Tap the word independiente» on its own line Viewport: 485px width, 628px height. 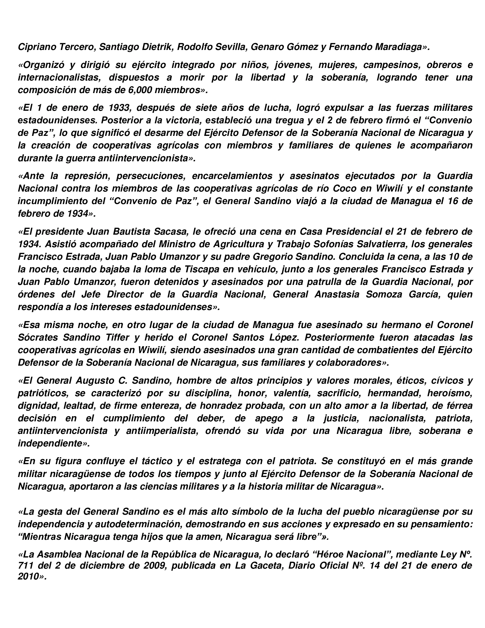pyautogui.click(x=54, y=444)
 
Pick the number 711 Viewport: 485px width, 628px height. pyautogui.click(x=26, y=565)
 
